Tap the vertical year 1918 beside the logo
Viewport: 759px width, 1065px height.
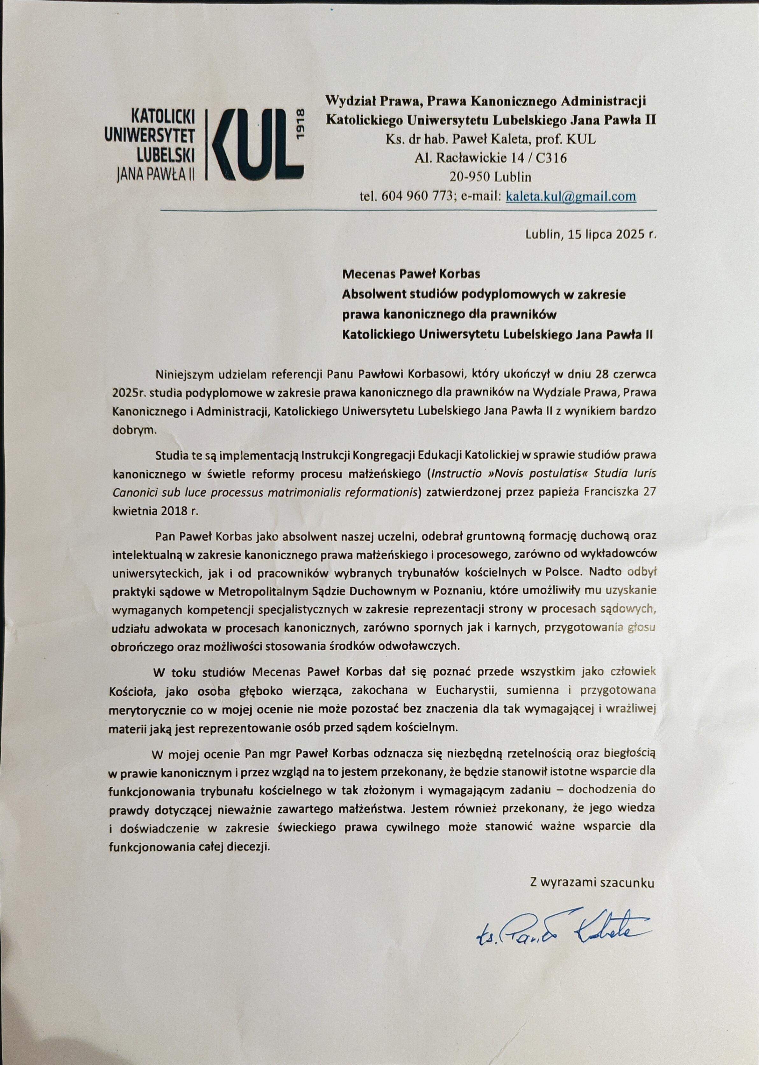pos(300,124)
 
